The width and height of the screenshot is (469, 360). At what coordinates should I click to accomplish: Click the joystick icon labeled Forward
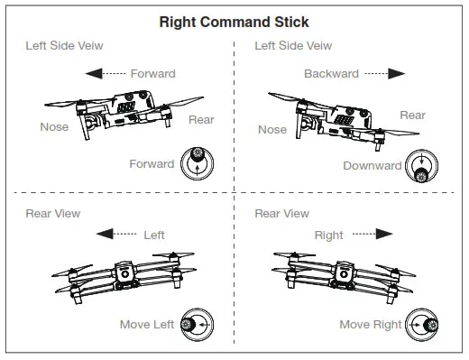196,162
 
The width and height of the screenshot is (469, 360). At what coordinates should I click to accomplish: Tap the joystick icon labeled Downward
421,164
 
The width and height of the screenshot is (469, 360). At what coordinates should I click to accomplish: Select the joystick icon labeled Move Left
196,323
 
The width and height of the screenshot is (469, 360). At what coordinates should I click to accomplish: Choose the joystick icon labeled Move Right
422,323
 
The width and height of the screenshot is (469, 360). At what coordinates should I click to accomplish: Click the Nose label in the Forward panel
54,127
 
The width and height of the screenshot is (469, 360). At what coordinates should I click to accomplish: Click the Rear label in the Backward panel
412,115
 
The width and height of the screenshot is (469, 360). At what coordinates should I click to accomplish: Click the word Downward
372,166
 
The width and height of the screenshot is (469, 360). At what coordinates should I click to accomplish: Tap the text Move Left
146,324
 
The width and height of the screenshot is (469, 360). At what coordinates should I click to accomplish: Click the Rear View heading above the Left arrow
52,214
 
